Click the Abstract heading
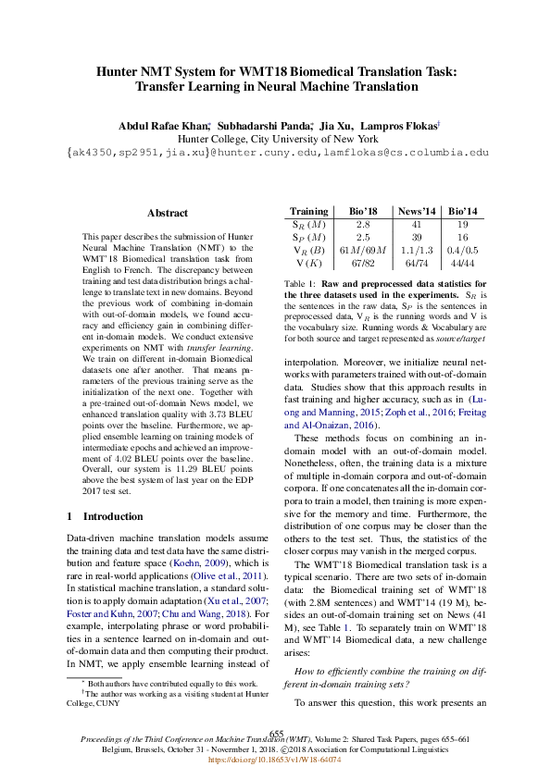coord(167,213)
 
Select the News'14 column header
coord(417,212)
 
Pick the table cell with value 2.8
coord(363,225)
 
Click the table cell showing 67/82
coord(363,263)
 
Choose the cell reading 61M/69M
coord(363,250)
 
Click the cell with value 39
coord(417,237)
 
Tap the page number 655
coord(275,733)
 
